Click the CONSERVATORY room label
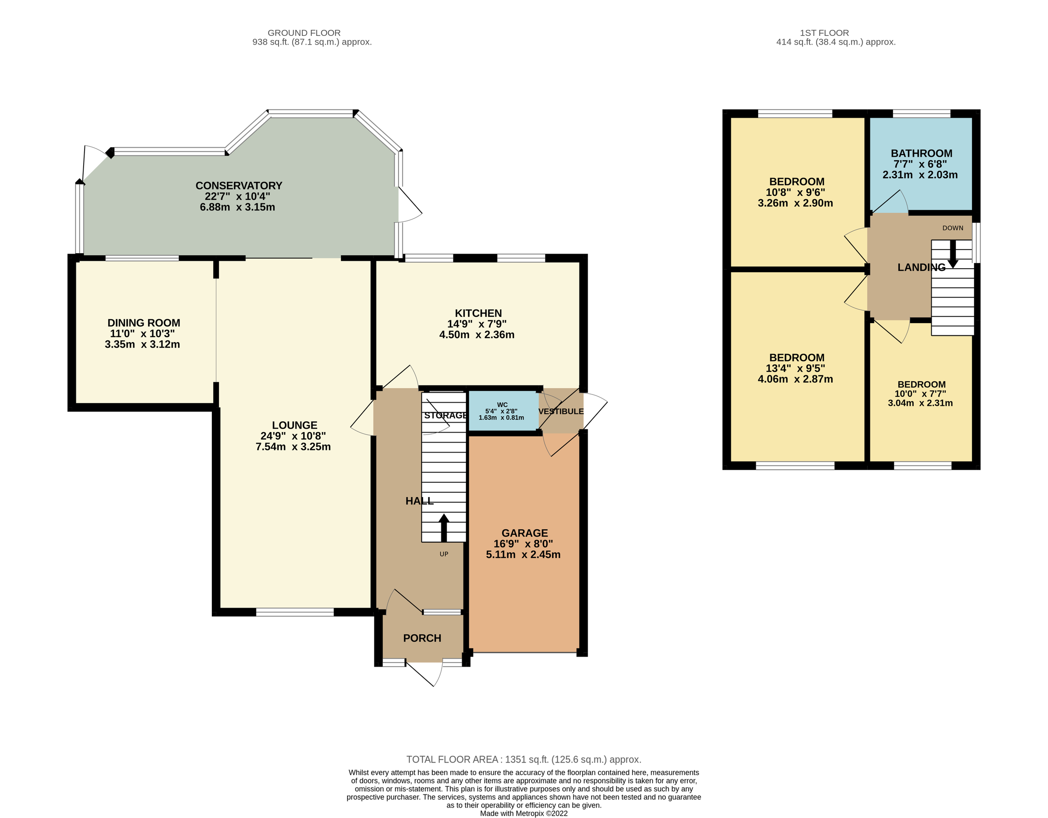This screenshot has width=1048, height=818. coord(239,186)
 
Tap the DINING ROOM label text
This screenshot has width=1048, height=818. coord(144,323)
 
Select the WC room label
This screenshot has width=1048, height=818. coord(502,404)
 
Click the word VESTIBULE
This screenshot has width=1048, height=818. coord(560,412)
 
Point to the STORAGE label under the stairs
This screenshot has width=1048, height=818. coord(445,415)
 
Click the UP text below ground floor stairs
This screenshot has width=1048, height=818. coord(444,554)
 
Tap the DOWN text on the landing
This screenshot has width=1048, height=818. coord(953,228)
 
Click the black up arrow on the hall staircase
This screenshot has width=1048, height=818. coord(444,528)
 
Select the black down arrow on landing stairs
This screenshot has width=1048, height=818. coord(953,253)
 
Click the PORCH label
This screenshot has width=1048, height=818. coord(422,638)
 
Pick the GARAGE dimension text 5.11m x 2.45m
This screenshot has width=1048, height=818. coord(523,554)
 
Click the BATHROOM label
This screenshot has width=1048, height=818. coord(921,154)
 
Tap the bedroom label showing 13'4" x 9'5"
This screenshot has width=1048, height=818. coord(796,358)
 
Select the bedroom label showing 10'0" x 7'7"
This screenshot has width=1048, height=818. coord(921,385)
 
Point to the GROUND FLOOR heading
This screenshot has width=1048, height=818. coord(304,33)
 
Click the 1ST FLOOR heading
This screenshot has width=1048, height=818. coord(824,33)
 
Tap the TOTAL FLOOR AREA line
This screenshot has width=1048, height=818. coord(524,759)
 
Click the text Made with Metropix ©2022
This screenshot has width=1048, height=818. coord(524,813)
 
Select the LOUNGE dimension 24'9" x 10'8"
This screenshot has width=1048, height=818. coord(293,436)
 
